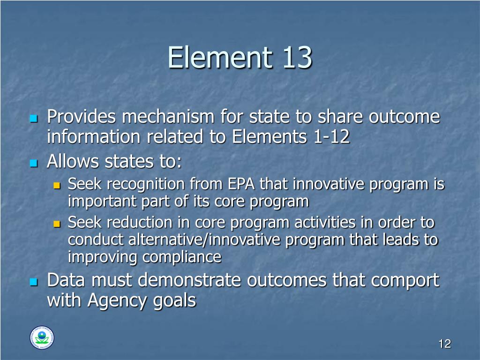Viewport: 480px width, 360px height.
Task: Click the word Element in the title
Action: (x=219, y=58)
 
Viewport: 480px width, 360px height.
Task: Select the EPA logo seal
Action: (x=42, y=337)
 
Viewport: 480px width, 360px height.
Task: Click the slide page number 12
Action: (x=444, y=344)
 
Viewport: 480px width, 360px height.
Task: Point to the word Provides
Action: (x=82, y=117)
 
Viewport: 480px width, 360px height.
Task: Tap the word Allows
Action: (x=73, y=162)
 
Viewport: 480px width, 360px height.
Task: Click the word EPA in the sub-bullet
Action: (x=241, y=184)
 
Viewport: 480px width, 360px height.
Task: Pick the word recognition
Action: (x=143, y=184)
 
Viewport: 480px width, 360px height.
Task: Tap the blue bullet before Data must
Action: (x=33, y=282)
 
